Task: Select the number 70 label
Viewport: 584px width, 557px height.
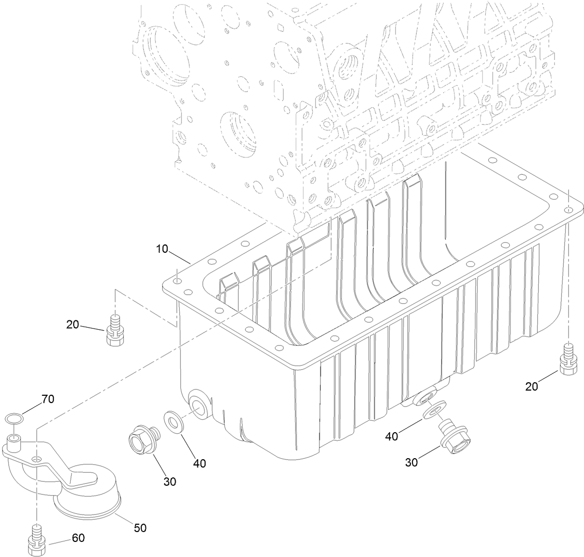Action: point(47,399)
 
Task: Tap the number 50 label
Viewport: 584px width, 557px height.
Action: point(140,528)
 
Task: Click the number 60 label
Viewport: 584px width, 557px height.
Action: point(78,538)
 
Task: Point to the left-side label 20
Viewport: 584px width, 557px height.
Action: point(73,325)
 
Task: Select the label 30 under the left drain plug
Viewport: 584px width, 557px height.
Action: point(170,482)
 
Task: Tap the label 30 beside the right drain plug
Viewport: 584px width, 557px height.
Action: point(411,462)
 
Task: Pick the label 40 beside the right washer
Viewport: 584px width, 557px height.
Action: point(392,436)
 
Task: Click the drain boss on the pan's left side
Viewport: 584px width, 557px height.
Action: point(199,405)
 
